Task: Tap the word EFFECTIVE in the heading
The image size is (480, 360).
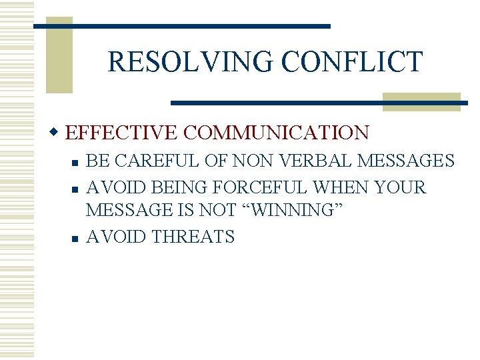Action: pos(123,133)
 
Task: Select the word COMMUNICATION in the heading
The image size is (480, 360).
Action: pos(276,133)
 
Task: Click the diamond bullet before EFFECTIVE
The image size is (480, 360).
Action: pos(59,133)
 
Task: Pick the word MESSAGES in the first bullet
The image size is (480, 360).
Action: pos(406,161)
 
